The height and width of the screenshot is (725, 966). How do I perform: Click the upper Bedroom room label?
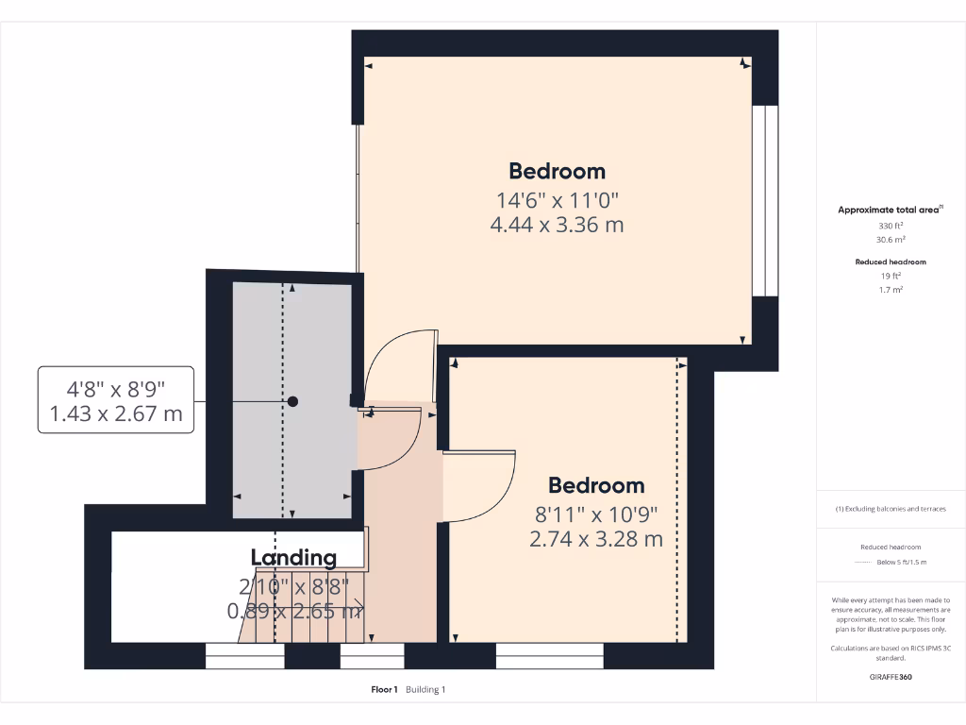(x=557, y=171)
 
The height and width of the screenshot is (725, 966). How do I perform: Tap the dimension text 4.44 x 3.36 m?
(x=557, y=225)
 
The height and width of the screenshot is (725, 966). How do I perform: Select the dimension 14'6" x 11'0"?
(x=557, y=200)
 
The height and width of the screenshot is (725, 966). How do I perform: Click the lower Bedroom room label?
(x=596, y=485)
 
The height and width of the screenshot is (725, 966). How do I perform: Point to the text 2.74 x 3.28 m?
(x=596, y=539)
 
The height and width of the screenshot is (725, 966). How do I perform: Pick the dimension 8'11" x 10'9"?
(x=596, y=514)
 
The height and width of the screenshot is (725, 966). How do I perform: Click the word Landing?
(x=293, y=558)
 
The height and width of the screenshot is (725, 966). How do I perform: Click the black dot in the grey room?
(x=292, y=401)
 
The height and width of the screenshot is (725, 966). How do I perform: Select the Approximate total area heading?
(x=890, y=210)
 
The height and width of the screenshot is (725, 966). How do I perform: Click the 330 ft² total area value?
(x=891, y=227)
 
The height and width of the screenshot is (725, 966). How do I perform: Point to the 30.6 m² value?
(x=891, y=240)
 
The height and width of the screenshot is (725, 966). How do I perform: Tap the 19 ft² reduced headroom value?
(x=891, y=276)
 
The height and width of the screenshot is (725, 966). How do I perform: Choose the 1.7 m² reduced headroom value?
(x=891, y=290)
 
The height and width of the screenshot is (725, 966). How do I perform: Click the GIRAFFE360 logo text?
(x=891, y=677)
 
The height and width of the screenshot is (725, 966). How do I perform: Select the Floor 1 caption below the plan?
(x=385, y=690)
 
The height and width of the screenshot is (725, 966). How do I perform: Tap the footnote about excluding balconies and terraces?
(x=891, y=509)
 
